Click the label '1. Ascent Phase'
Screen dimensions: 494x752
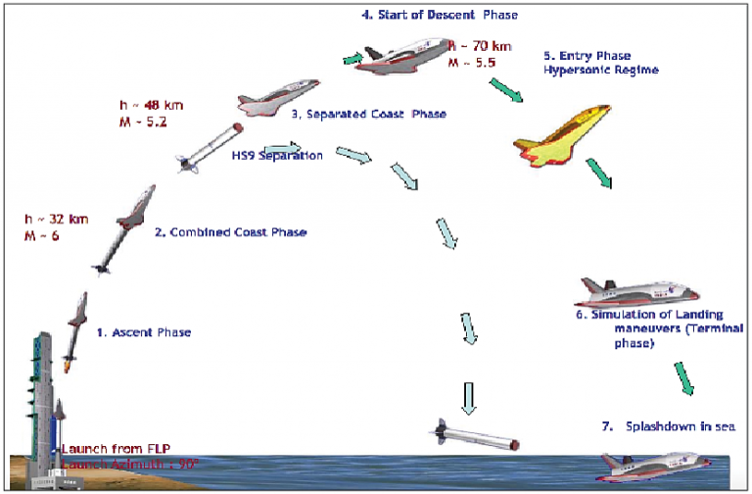point(144,332)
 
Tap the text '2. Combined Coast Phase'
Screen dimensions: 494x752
point(230,232)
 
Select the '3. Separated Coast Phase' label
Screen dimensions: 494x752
point(368,113)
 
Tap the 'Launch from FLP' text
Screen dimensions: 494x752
point(108,448)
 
